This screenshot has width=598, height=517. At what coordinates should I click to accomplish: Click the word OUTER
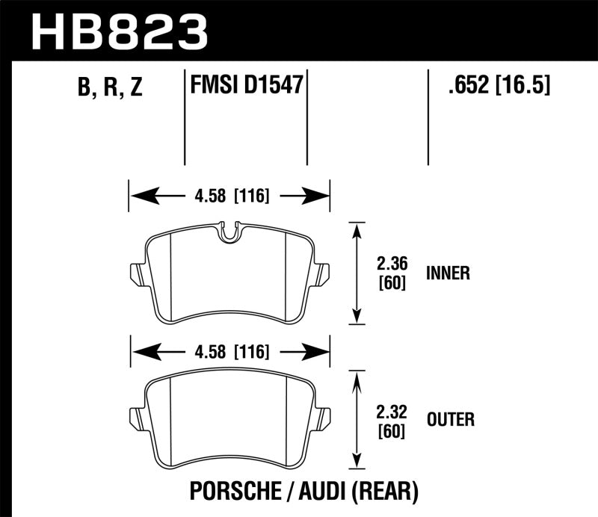point(450,419)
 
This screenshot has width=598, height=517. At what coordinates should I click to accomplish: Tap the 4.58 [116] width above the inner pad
point(229,197)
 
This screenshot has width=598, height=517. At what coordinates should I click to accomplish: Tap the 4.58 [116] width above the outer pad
point(229,352)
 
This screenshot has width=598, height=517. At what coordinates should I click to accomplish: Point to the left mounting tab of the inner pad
point(136,274)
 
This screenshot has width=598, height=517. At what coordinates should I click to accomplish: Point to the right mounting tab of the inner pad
point(323,274)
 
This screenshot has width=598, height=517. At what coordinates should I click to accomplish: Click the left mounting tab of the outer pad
point(136,418)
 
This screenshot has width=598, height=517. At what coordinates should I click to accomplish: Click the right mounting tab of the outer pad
point(323,418)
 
